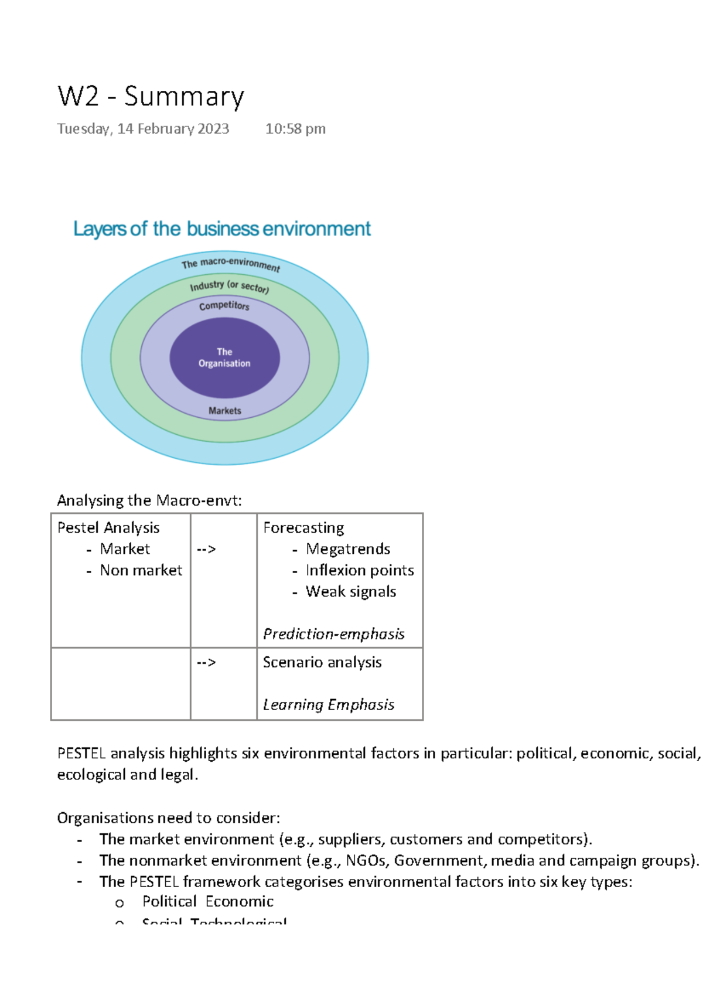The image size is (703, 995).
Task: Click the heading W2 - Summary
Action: (x=151, y=97)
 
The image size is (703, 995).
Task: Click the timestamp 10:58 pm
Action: (x=295, y=129)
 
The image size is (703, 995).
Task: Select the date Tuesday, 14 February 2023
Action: (x=143, y=129)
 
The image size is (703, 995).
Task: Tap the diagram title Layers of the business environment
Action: (x=221, y=229)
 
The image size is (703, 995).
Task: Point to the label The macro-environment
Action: (x=230, y=264)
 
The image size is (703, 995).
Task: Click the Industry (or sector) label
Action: (x=229, y=286)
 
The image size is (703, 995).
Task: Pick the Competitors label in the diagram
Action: (x=224, y=305)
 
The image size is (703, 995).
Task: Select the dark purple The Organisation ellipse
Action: (x=224, y=357)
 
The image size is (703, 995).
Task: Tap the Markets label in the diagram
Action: (x=224, y=411)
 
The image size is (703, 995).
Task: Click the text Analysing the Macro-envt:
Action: (x=149, y=500)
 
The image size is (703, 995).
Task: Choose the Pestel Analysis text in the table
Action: (x=108, y=528)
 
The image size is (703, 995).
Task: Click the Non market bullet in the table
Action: (x=141, y=570)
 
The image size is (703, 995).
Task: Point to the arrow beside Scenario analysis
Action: (x=206, y=662)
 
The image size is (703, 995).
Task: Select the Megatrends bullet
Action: (x=347, y=549)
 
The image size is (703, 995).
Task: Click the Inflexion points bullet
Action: (x=359, y=570)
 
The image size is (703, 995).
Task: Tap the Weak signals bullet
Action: (x=350, y=592)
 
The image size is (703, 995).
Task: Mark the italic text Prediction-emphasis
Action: (x=333, y=634)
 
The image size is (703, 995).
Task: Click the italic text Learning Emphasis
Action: (x=328, y=704)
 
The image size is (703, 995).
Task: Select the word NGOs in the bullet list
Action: (x=366, y=860)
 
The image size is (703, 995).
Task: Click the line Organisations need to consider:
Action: (x=168, y=818)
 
